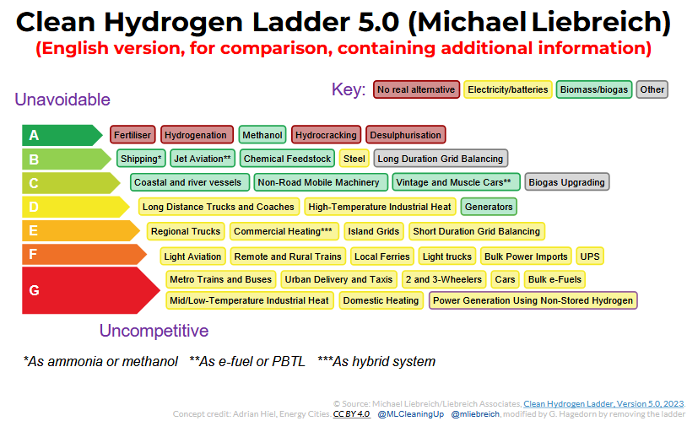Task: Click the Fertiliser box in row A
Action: (x=133, y=135)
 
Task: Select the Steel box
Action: (x=354, y=159)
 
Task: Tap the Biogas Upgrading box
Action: (x=566, y=182)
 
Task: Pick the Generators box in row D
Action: (x=489, y=207)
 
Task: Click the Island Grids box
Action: (x=373, y=231)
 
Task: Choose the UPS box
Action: (x=590, y=256)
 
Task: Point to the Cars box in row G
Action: (x=505, y=279)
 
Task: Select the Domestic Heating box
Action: (x=381, y=300)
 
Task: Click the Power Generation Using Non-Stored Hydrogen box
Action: (x=533, y=300)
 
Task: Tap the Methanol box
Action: (x=262, y=135)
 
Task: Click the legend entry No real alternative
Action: (x=416, y=89)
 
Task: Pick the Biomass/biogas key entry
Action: (x=593, y=89)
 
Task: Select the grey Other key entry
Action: (x=652, y=89)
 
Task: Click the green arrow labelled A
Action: (x=62, y=135)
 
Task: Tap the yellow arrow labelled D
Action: (x=75, y=207)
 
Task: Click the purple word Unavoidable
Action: (x=62, y=100)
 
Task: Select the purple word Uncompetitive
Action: (x=154, y=331)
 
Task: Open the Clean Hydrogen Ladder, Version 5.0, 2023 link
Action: (x=603, y=403)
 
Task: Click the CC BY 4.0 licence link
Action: (x=351, y=414)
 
